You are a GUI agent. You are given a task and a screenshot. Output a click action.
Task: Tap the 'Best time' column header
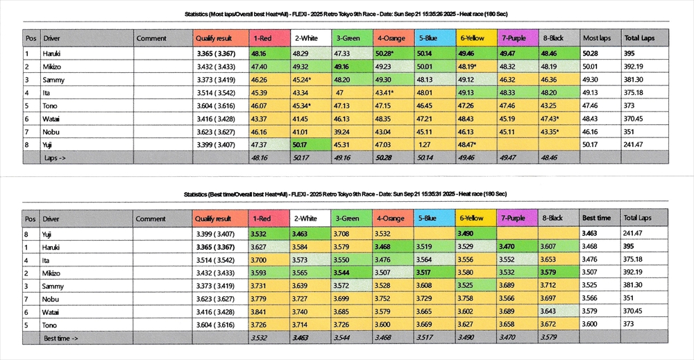coord(596,218)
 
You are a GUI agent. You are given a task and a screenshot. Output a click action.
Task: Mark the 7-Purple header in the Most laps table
coord(514,38)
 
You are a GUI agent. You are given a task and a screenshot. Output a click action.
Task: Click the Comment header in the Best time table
coord(151,218)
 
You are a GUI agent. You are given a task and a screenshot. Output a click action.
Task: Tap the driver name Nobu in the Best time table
coord(50,298)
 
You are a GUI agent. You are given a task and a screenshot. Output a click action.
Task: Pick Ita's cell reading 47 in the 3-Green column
coord(340,92)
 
